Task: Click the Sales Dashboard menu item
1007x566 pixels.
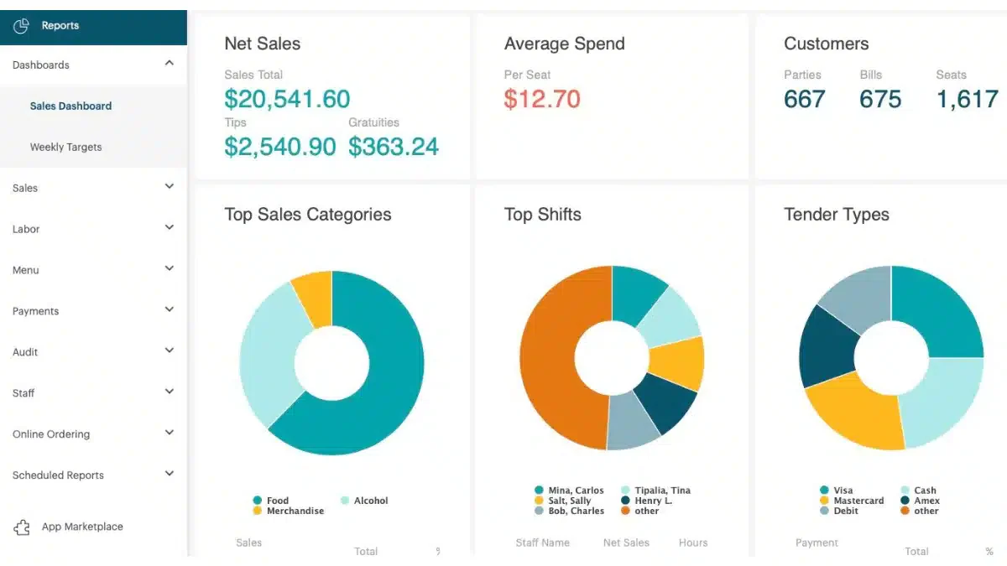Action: (x=70, y=106)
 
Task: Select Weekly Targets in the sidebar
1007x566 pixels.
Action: (x=65, y=147)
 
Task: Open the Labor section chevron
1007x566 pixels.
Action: (x=169, y=227)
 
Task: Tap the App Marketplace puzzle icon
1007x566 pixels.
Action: (x=22, y=527)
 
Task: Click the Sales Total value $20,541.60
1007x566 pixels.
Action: (x=287, y=99)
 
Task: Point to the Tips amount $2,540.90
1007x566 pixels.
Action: (x=280, y=147)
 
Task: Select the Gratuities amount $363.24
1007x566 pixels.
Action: (x=394, y=147)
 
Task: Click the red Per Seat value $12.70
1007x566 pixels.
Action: (x=542, y=99)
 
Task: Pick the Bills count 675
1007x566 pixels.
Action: (x=880, y=99)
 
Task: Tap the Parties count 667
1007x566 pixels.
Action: (x=804, y=99)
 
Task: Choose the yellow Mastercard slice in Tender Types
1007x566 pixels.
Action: (x=854, y=416)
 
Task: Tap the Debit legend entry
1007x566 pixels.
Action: (x=839, y=511)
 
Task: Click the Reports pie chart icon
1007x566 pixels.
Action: (x=21, y=26)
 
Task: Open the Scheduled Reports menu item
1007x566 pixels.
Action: (x=58, y=475)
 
